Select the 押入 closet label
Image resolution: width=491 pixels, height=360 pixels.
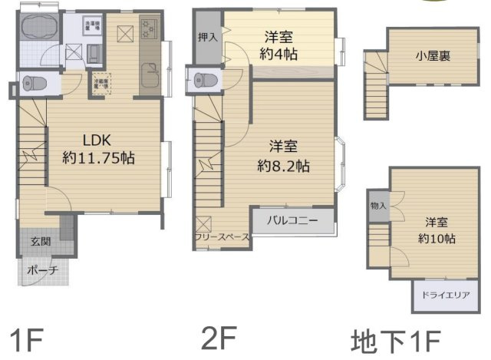(207, 37)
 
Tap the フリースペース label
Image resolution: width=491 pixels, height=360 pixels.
(221, 237)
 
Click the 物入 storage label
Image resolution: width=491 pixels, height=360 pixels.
(378, 206)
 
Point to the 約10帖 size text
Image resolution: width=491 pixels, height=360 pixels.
(438, 239)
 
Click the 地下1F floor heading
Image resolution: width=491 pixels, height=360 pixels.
(397, 339)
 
